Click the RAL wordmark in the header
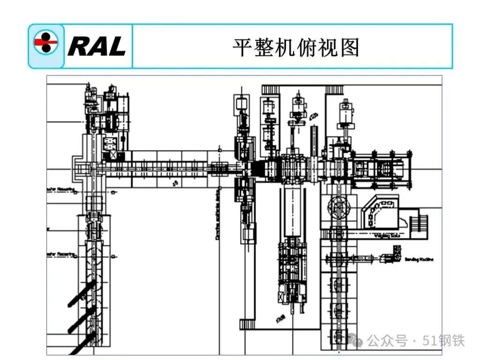tap(97, 46)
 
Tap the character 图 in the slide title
tap(350, 47)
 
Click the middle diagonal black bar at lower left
tap(82, 320)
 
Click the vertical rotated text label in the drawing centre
tap(217, 216)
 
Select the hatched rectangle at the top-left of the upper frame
tap(270, 89)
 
